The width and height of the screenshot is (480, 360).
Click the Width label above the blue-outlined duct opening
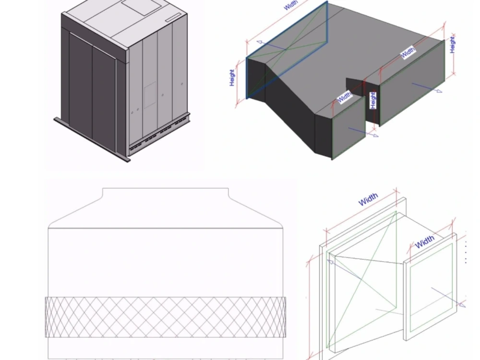(290, 5)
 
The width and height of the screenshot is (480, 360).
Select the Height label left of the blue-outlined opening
(232, 78)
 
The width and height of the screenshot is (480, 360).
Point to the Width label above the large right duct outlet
(408, 51)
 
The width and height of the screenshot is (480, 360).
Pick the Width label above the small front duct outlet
(344, 97)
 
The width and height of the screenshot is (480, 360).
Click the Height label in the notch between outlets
(373, 100)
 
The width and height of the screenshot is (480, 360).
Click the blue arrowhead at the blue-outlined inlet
(259, 42)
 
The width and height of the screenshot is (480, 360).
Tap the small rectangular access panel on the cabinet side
(150, 94)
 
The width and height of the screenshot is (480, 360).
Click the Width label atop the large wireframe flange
(368, 199)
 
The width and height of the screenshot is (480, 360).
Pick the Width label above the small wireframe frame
(425, 241)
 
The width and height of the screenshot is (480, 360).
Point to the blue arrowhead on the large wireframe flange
(330, 262)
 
